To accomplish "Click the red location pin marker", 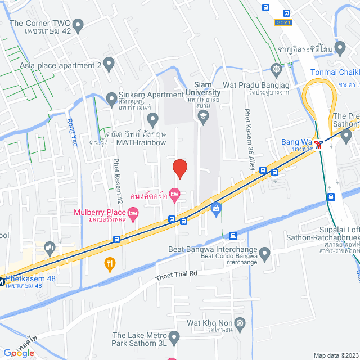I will click(x=179, y=168).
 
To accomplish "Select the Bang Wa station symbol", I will click(x=319, y=145).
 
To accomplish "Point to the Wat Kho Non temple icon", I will click(x=241, y=323).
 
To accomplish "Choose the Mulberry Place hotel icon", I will click(x=133, y=213).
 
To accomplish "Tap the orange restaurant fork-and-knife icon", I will click(x=110, y=262).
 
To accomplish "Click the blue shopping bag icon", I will click(x=216, y=209).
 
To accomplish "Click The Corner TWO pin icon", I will click(x=78, y=24).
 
